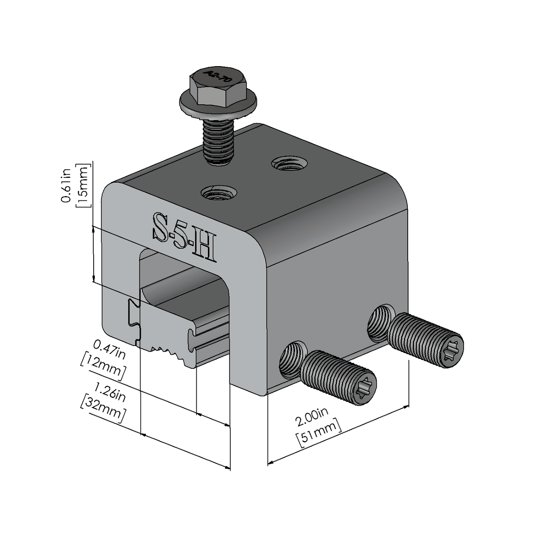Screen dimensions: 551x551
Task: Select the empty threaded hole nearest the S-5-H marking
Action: [x=217, y=193]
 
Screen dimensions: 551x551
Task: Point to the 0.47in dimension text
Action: [x=109, y=350]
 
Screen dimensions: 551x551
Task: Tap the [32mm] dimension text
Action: [x=103, y=409]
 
